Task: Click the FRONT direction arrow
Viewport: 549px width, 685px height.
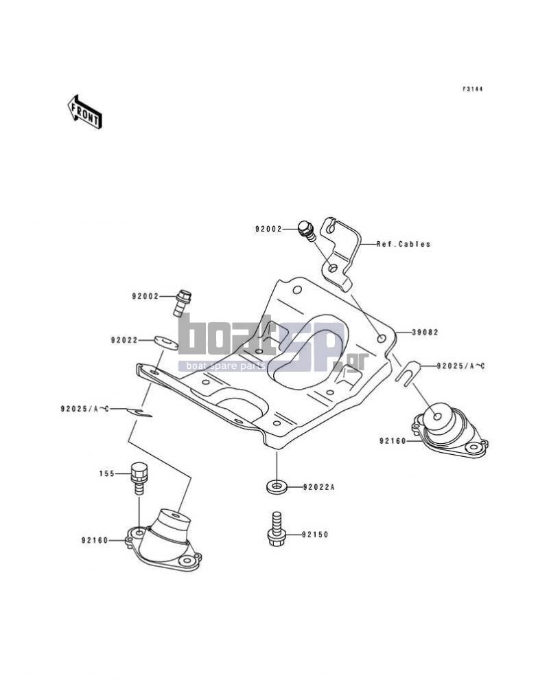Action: pyautogui.click(x=84, y=112)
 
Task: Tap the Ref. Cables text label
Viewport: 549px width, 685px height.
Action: pyautogui.click(x=404, y=244)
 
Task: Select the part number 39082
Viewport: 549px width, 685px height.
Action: pyautogui.click(x=425, y=333)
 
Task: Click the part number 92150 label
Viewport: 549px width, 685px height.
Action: pyautogui.click(x=315, y=535)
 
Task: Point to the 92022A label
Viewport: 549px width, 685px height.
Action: pyautogui.click(x=318, y=486)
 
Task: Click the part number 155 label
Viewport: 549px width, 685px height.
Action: pyautogui.click(x=107, y=473)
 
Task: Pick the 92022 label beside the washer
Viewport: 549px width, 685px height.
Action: pyautogui.click(x=124, y=340)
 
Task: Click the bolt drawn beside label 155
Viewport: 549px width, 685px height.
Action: pyautogui.click(x=139, y=478)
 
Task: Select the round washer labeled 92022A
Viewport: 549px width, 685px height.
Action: pyautogui.click(x=277, y=486)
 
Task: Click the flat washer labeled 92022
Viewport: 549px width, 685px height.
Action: pyautogui.click(x=165, y=342)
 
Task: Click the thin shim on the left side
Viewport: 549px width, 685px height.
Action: pyautogui.click(x=139, y=412)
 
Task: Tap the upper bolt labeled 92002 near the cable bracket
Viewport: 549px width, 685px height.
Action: pyautogui.click(x=306, y=230)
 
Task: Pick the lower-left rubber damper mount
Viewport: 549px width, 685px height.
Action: pyautogui.click(x=163, y=541)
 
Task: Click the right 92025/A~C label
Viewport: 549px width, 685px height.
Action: pyautogui.click(x=461, y=366)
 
